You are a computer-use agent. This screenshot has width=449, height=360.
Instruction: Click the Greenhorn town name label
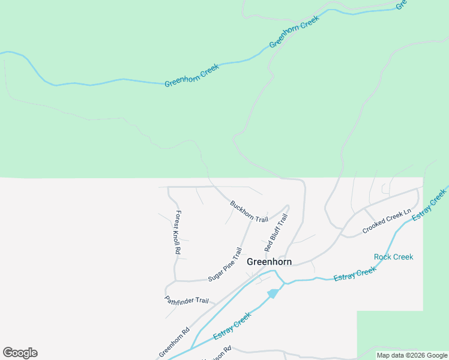point(269,262)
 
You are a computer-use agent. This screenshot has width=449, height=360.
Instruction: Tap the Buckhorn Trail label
point(249,211)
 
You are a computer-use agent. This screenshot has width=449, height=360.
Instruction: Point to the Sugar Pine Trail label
point(225,265)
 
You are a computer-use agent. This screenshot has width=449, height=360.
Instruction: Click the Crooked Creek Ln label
point(387,221)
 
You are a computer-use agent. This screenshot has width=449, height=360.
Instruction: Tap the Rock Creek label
point(393,257)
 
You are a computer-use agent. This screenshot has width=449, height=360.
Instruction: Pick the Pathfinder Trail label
point(187,300)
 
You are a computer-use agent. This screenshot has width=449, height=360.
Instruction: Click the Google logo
point(20,353)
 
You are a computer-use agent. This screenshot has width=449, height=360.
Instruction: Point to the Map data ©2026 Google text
point(411,355)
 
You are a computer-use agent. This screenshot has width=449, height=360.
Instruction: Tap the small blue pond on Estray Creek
point(273,293)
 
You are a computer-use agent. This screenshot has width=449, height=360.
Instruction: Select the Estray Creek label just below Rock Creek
point(355,274)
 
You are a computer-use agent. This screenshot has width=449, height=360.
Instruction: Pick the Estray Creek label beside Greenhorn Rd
point(232,326)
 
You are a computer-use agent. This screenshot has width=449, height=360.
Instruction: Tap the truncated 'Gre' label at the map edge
point(401,5)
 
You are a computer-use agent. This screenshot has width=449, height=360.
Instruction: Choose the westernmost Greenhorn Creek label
point(192,75)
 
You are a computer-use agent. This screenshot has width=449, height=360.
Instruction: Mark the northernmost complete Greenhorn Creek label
point(294,32)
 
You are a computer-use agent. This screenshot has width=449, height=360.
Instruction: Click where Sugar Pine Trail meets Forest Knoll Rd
point(175,280)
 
